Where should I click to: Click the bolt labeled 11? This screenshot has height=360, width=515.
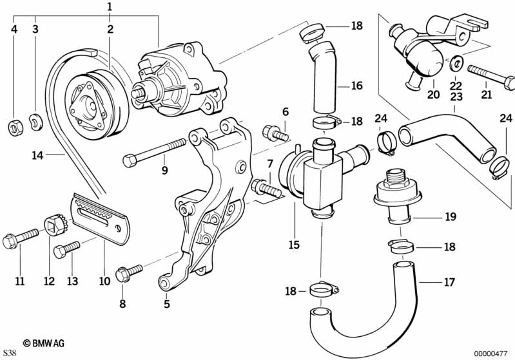21,238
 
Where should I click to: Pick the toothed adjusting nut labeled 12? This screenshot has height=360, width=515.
55,225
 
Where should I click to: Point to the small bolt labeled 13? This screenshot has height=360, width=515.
66,249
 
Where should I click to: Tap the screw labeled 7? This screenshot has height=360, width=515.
266,188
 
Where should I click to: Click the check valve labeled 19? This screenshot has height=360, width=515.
397,196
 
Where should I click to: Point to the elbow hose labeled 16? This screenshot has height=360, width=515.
324,77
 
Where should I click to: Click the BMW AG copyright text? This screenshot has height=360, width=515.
44,343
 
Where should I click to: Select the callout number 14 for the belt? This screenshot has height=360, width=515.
37,155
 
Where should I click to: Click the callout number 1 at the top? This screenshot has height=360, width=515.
110,6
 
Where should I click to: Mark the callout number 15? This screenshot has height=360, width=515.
295,245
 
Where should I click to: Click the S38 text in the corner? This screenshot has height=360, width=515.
10,353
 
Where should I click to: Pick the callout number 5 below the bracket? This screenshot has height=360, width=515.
167,304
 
